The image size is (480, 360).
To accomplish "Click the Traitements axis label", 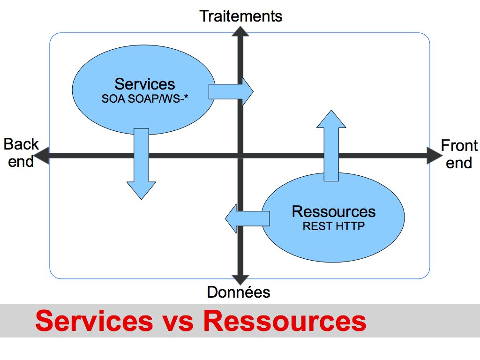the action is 240,16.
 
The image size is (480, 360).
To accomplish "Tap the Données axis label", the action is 239,292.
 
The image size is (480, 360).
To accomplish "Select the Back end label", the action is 21,153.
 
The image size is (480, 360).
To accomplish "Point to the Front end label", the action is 459,154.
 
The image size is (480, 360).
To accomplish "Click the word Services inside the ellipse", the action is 144,84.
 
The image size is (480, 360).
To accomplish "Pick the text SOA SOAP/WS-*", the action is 144,98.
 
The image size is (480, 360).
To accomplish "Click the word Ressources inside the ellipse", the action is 334,211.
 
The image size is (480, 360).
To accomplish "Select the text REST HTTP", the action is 334,226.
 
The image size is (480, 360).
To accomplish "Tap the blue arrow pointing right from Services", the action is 231,91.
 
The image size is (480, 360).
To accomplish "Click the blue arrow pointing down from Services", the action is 142,164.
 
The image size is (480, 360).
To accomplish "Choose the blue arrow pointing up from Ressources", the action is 331,146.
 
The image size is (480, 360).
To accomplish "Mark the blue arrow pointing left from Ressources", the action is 247,218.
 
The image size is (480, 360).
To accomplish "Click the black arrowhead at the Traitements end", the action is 240,31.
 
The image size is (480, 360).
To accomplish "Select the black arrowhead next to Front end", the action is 435,156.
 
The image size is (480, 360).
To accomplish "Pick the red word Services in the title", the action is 94,321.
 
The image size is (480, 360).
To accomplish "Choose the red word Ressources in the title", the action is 285,321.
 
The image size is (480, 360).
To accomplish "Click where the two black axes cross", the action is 240,156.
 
